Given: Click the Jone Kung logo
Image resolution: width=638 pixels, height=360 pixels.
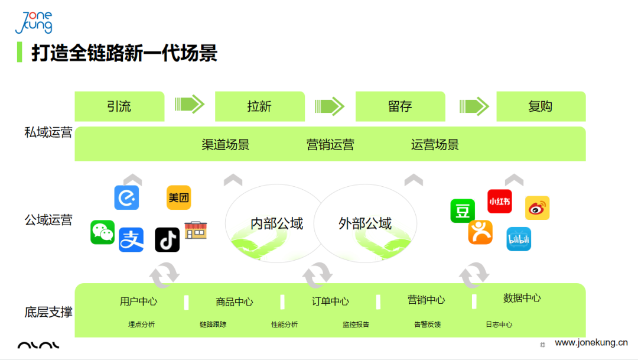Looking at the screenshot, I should pos(34,22).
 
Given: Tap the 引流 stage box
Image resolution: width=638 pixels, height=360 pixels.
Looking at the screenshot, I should pos(119,106).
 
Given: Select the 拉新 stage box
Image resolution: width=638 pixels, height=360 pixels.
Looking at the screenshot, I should pos(259,106).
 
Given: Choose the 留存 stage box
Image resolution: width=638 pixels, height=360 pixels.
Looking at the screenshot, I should pos(400,106).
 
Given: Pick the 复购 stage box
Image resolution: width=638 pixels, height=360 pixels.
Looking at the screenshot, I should pos(541,106).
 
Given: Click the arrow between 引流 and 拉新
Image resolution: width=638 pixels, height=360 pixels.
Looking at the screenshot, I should pos(190,105).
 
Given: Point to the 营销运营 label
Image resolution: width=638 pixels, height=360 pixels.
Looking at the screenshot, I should pos(330,144).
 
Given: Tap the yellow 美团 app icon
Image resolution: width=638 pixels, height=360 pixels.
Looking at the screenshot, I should pos(178,198).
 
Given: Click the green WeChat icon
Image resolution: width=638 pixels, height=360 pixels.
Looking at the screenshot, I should pos(103,232).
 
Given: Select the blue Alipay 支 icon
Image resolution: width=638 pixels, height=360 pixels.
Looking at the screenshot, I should pos(131,239).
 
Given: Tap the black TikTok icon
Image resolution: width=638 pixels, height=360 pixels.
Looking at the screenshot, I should pos(167,239).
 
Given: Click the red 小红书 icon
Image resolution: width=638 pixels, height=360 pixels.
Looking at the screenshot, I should pos(499,202).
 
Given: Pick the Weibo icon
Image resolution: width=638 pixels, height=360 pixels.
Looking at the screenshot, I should pos(537,208).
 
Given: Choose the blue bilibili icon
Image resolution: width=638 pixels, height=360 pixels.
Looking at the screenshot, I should pos(519,239).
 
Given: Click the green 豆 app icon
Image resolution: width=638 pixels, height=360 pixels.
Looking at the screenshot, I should pos(463,211).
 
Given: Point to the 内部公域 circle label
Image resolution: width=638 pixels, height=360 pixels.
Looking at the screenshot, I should pos(276,223).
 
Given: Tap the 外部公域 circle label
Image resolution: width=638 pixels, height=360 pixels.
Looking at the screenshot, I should pos(365,223).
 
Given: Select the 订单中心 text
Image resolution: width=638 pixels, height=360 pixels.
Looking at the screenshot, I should pos(330,301).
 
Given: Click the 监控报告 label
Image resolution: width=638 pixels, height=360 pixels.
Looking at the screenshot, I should pos(356,325).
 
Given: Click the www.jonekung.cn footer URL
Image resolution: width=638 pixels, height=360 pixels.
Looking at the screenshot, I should pos(591,343).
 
